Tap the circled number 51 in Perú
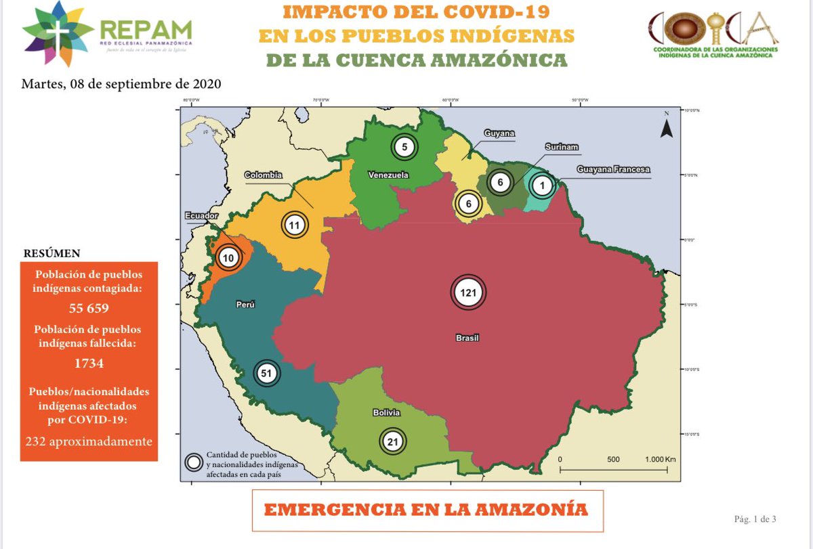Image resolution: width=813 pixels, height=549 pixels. (x=266, y=373)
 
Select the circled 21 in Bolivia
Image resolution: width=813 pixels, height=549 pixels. (x=392, y=442)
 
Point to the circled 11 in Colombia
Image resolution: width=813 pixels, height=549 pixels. (x=294, y=225)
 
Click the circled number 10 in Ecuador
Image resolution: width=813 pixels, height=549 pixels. (x=228, y=257)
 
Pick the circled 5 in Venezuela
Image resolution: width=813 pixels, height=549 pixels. (x=404, y=147)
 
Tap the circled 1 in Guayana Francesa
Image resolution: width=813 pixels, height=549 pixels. (x=541, y=185)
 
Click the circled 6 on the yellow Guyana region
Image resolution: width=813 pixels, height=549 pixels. (x=467, y=204)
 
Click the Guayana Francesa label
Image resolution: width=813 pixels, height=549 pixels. (x=613, y=169)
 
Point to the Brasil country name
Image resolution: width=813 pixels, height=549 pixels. (x=467, y=337)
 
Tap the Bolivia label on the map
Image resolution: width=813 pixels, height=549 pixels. (x=386, y=412)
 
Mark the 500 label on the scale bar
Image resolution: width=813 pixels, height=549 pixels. (x=613, y=459)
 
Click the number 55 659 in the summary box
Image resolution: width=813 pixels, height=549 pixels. (x=89, y=308)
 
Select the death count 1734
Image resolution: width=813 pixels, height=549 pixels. (x=89, y=364)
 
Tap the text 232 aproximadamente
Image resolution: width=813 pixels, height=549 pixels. (x=89, y=441)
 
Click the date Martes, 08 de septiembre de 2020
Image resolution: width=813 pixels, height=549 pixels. (x=121, y=85)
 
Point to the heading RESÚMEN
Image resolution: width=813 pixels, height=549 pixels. (x=52, y=253)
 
